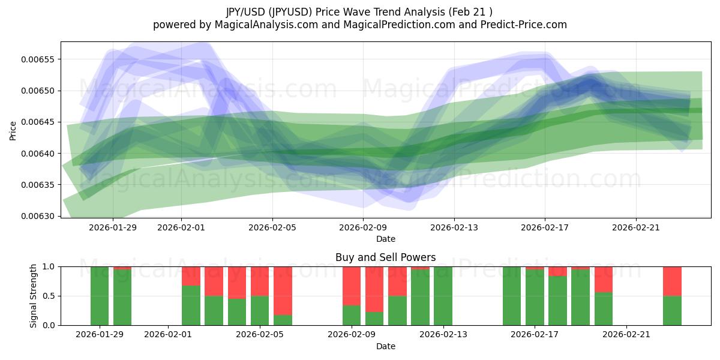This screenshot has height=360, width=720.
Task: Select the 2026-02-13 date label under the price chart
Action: pyautogui.click(x=454, y=227)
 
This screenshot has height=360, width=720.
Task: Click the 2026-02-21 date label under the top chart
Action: pyautogui.click(x=636, y=227)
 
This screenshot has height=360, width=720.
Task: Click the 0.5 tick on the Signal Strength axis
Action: pyautogui.click(x=50, y=296)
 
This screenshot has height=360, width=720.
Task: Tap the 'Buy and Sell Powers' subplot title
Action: pyautogui.click(x=385, y=257)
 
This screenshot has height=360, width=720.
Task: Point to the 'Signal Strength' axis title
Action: pyautogui.click(x=34, y=296)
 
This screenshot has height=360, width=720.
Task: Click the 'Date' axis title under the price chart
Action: pyautogui.click(x=385, y=239)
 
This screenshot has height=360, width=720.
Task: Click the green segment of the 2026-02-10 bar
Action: pyautogui.click(x=397, y=310)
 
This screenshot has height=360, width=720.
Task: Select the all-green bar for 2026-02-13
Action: pyautogui.click(x=443, y=296)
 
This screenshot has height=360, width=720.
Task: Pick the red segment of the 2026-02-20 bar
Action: pyautogui.click(x=604, y=279)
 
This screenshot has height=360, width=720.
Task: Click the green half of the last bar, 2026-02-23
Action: pyautogui.click(x=672, y=310)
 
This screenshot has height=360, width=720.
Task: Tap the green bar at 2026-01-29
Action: pyautogui.click(x=100, y=296)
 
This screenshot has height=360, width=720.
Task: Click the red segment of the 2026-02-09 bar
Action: pyautogui.click(x=352, y=286)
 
